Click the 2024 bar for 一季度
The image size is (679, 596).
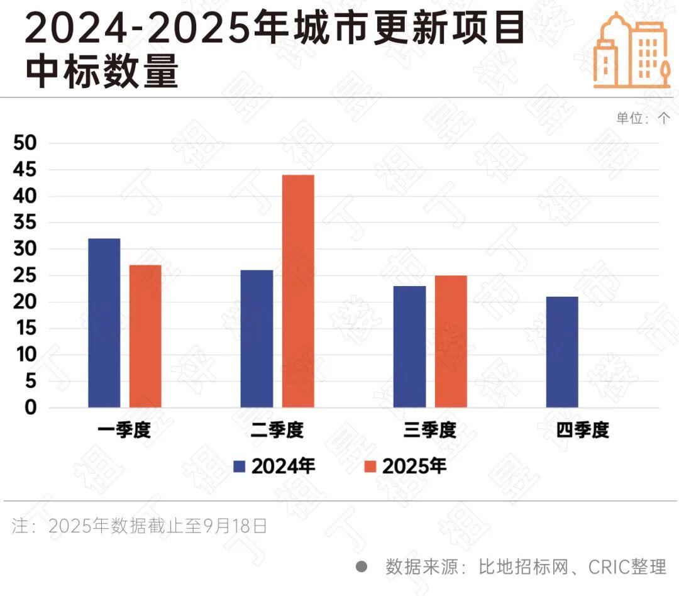(104, 323)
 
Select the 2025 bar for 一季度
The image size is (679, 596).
(145, 336)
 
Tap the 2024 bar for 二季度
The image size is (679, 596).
(257, 339)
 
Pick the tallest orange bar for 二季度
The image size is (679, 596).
(298, 291)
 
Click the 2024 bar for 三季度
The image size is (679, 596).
(409, 347)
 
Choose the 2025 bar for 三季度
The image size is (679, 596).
(451, 341)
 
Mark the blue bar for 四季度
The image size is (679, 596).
(562, 352)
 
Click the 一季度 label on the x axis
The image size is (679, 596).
(124, 431)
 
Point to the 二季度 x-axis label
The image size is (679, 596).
(277, 431)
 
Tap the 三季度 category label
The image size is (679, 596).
(430, 431)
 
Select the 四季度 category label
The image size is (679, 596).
(583, 431)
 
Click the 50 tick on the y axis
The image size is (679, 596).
(26, 143)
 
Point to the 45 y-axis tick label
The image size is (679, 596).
(26, 170)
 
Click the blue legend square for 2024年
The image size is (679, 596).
(239, 466)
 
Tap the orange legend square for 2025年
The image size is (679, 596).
(370, 466)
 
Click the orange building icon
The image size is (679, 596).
(631, 50)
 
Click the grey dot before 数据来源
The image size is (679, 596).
(362, 566)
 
